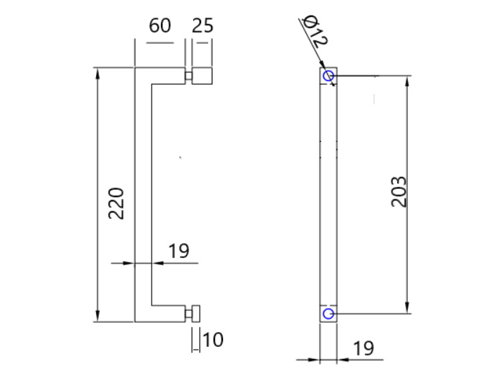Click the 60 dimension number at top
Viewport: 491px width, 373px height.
(x=160, y=26)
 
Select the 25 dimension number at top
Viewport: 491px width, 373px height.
(x=202, y=26)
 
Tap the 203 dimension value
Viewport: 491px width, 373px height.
(x=399, y=190)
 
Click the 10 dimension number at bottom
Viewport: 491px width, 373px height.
(x=212, y=341)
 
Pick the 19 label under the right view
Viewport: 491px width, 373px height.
(x=363, y=348)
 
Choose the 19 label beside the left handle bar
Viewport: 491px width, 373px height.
(x=179, y=251)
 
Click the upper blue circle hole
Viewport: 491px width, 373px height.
(x=328, y=75)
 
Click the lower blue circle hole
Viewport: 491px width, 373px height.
(x=328, y=312)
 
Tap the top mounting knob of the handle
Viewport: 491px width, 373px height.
(x=202, y=76)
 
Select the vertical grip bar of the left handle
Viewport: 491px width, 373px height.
(x=143, y=194)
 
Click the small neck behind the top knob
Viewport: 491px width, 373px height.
(x=188, y=76)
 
